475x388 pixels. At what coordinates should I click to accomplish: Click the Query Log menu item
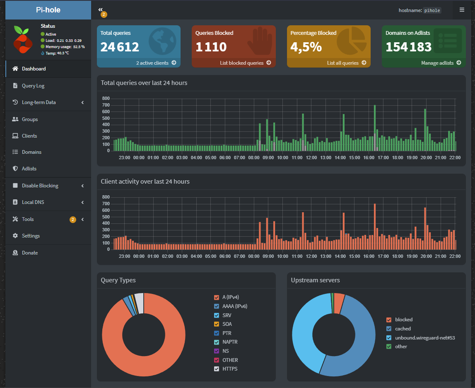coord(33,86)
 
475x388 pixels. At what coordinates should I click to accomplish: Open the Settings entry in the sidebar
coord(31,236)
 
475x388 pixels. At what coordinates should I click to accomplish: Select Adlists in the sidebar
coord(29,169)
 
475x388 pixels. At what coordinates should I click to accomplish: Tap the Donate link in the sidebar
coord(30,253)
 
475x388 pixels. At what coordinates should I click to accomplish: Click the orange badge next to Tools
coord(73,219)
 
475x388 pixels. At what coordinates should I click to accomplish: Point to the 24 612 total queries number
coord(120,47)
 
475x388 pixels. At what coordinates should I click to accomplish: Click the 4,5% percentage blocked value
coord(306,47)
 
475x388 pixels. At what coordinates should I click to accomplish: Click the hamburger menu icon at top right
coord(462,10)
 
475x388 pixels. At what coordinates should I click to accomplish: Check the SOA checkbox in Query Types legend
coord(217,324)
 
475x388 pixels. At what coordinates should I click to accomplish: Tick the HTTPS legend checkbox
coord(217,369)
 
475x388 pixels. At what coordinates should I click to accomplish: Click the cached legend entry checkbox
coord(389,329)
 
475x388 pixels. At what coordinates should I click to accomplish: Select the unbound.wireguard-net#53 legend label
coord(425,338)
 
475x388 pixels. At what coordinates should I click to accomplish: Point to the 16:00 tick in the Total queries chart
coord(369,158)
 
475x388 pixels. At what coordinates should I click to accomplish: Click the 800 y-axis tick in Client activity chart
coord(106,197)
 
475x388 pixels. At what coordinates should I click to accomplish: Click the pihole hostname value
coord(432,10)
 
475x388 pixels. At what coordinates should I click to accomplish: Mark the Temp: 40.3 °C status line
coord(55,53)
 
